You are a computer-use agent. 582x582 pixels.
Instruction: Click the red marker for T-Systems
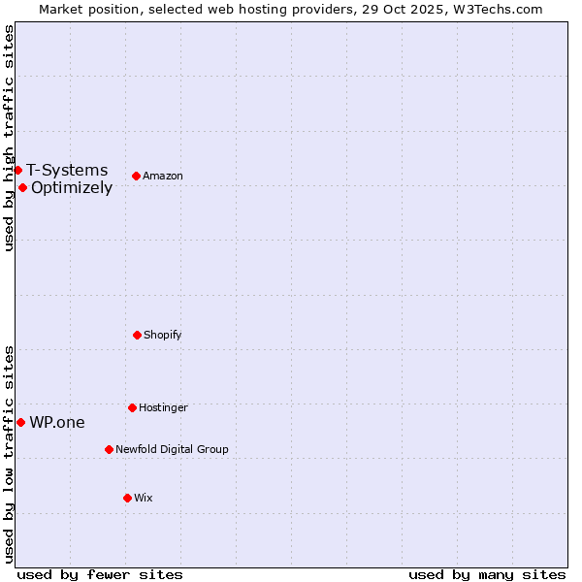(17, 170)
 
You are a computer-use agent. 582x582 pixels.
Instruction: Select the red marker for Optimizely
(22, 187)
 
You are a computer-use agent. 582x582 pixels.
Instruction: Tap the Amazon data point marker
(136, 176)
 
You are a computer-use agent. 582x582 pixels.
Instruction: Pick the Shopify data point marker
(137, 335)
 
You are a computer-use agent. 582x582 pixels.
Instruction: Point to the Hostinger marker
(132, 407)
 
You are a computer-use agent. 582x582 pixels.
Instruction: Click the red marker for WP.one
(20, 422)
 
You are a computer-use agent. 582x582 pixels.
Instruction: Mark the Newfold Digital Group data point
(109, 449)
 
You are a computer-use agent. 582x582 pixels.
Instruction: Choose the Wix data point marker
(127, 498)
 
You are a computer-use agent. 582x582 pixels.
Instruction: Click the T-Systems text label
(67, 170)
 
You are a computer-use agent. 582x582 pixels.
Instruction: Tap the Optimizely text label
(72, 187)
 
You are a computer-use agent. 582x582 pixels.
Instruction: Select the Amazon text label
(163, 176)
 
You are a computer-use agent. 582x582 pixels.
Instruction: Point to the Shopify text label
(163, 335)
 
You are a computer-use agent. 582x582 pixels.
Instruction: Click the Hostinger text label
(163, 407)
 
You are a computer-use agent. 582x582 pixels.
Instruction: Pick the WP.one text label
(57, 422)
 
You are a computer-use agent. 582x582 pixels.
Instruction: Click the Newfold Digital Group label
(172, 449)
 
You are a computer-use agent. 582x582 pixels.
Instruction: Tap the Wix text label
(144, 498)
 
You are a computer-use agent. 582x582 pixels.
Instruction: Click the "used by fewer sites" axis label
(100, 574)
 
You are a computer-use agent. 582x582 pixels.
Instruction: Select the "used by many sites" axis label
(487, 574)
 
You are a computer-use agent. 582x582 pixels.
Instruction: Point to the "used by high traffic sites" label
(9, 138)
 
